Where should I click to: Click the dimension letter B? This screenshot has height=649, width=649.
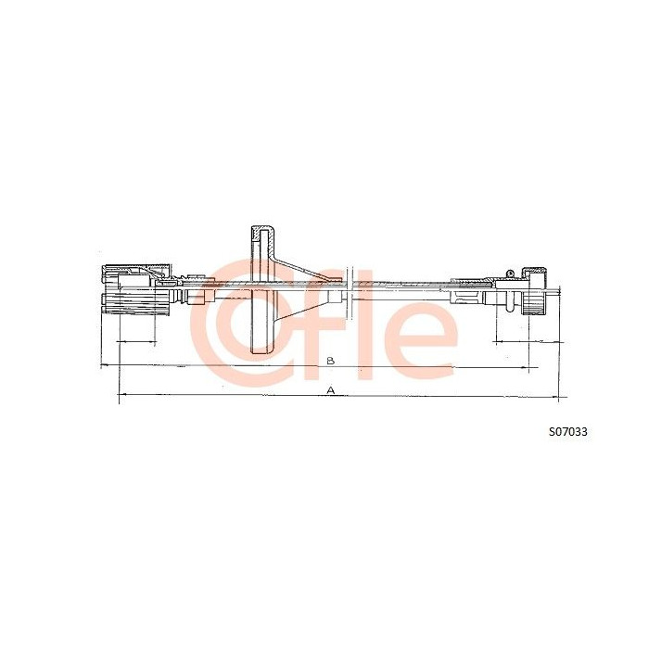(330, 361)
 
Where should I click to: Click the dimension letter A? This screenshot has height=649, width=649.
(330, 390)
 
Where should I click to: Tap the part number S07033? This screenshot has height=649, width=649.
(567, 432)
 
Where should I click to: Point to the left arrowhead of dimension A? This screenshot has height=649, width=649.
(122, 395)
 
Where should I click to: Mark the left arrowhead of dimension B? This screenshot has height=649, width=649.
(105, 365)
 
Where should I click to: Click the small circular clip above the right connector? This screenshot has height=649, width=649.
(510, 273)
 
